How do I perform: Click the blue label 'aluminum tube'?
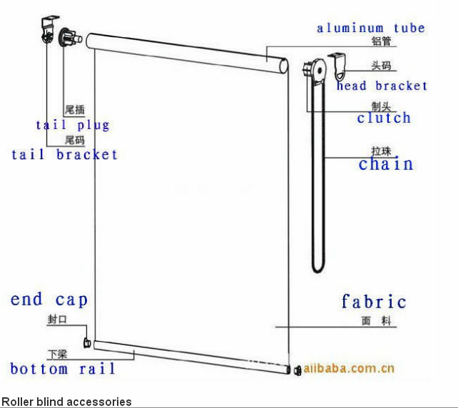point(370,29)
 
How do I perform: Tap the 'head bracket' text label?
point(382,86)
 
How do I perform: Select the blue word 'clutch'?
point(384,118)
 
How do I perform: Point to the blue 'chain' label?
point(386,164)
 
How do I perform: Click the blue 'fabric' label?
point(374,302)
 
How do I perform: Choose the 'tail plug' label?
point(73,126)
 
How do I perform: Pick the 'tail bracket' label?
point(64,154)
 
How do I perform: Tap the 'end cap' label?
point(49,300)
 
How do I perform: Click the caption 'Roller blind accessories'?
point(66,402)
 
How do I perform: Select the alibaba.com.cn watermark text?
point(349,369)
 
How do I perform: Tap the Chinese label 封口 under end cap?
point(57,320)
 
